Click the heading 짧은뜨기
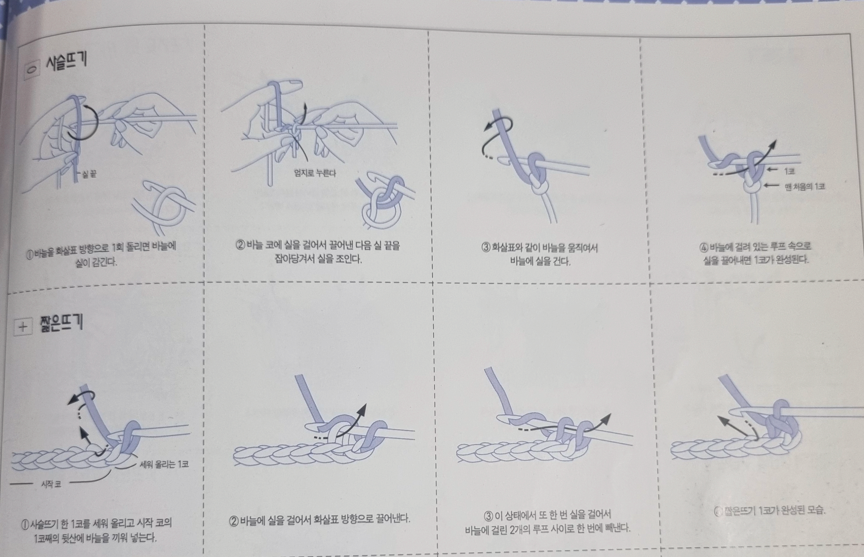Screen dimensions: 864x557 [x=62, y=323]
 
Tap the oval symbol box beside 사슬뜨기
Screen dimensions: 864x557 [x=32, y=69]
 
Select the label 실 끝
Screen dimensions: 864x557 [x=89, y=174]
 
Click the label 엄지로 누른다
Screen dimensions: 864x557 [x=315, y=173]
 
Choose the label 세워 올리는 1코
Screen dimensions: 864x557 [x=164, y=464]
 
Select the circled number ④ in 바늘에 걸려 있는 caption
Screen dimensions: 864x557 [x=704, y=248]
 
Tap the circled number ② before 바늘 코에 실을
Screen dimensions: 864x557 [x=241, y=245]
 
